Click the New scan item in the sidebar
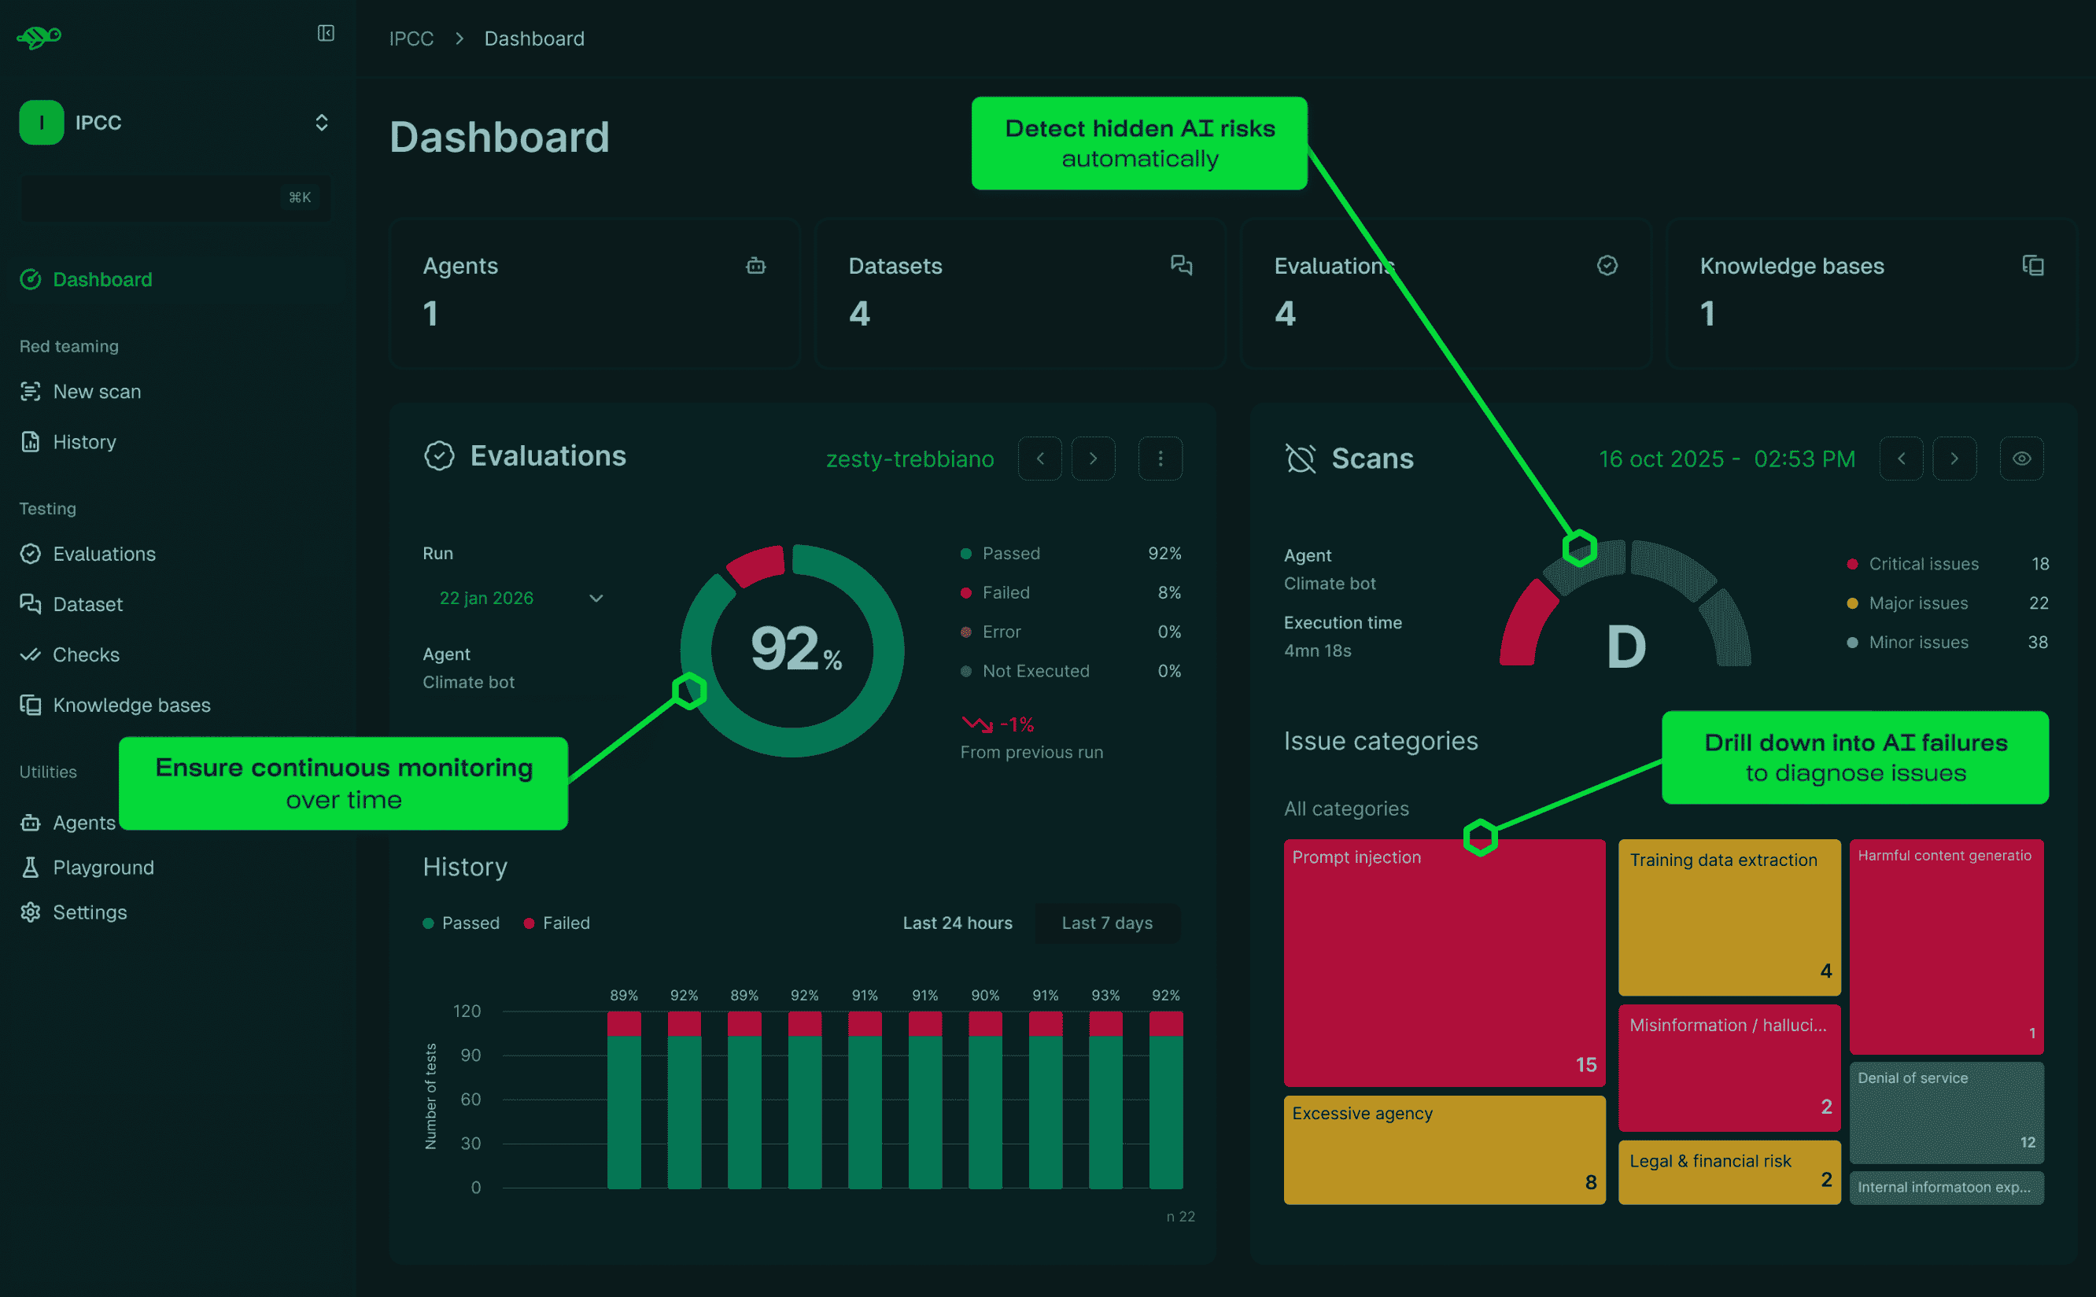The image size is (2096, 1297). point(96,392)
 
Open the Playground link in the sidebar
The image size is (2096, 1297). point(103,868)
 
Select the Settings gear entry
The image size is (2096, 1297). point(89,912)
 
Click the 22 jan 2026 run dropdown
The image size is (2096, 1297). point(520,598)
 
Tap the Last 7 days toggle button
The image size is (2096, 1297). point(1106,923)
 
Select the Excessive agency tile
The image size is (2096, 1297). point(1443,1149)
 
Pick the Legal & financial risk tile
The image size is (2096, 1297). point(1728,1171)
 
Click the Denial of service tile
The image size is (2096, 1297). point(1946,1111)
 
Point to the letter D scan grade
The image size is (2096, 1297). point(1625,647)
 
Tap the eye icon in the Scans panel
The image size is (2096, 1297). point(2020,459)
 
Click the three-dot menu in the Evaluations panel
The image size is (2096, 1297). point(1160,459)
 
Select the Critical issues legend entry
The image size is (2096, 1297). point(1923,565)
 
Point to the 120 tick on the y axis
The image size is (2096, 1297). point(467,1011)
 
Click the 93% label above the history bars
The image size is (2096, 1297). point(1105,995)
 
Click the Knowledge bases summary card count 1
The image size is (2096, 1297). point(1707,314)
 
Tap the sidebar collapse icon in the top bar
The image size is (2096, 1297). point(325,34)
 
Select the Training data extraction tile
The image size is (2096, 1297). point(1728,916)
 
